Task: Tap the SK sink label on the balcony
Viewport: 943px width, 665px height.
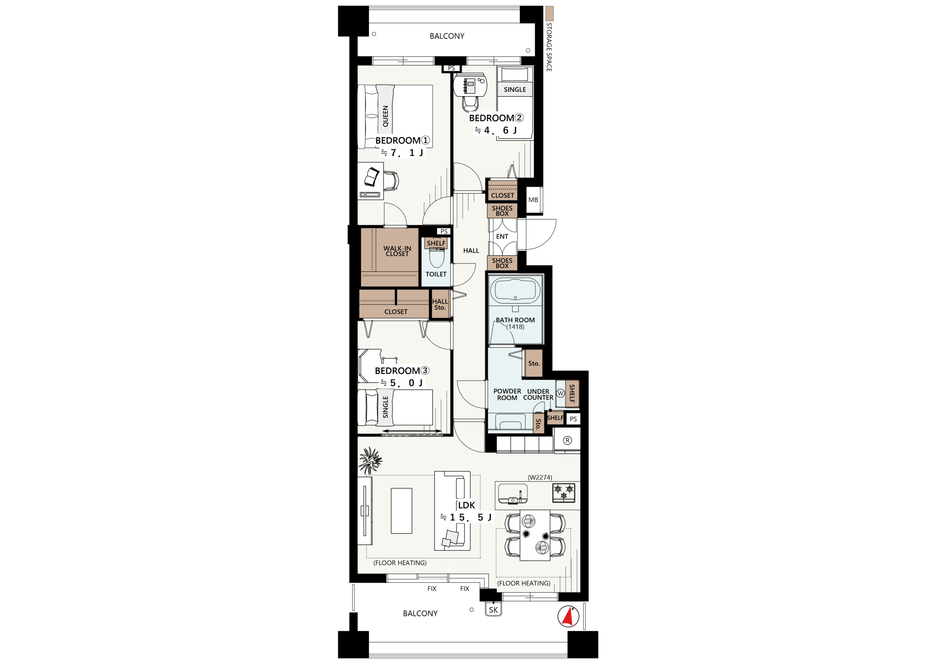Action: click(493, 610)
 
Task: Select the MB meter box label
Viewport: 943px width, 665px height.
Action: click(533, 200)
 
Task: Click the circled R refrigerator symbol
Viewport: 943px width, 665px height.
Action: click(567, 441)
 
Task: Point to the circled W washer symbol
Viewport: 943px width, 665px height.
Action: click(561, 393)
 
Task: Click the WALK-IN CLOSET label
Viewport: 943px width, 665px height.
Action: click(397, 251)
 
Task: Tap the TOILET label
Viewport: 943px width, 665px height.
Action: click(436, 274)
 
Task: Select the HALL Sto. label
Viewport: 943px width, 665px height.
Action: click(440, 304)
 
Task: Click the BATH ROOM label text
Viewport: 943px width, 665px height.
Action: click(515, 320)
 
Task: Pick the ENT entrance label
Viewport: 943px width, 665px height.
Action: click(502, 237)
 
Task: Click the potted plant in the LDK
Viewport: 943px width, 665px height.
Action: click(371, 460)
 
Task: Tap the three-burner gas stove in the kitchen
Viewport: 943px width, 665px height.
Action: click(564, 493)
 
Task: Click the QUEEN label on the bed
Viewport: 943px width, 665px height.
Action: click(385, 116)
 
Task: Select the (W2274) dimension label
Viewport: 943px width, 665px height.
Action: click(540, 477)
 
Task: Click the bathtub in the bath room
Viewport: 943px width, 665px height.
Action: click(515, 290)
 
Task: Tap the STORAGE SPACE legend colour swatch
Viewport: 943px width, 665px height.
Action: click(549, 14)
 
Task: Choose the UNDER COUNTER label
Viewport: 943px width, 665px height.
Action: click(538, 395)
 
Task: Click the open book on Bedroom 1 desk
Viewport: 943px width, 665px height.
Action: click(372, 177)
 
